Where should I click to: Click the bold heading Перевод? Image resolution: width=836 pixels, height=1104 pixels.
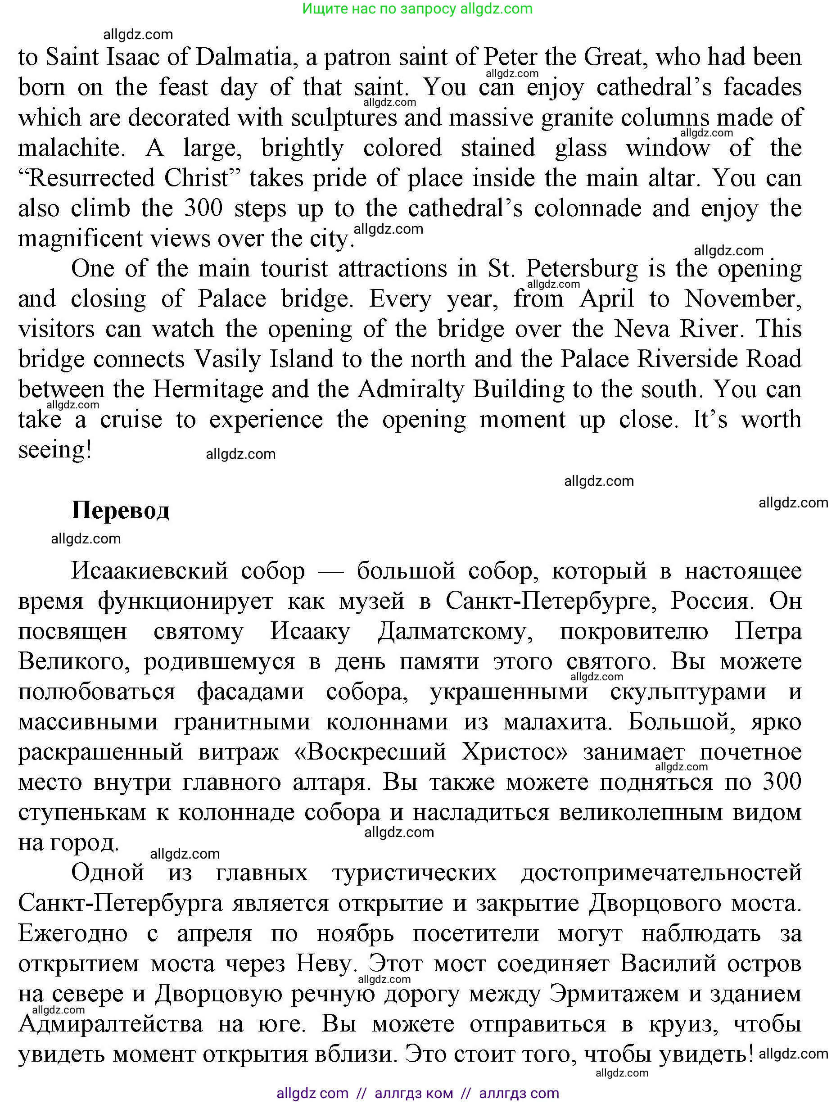[x=120, y=510]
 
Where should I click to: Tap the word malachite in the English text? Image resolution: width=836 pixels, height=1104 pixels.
[x=72, y=148]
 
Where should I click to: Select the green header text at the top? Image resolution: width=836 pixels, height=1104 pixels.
[x=417, y=9]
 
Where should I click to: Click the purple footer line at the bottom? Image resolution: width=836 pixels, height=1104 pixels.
[x=417, y=1093]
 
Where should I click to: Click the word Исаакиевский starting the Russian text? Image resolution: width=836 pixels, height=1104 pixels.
[x=149, y=571]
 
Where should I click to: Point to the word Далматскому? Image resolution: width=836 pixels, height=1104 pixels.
[x=455, y=631]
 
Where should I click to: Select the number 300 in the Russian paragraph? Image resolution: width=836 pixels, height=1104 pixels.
[x=782, y=782]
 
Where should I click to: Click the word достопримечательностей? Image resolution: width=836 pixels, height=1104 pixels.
[x=661, y=873]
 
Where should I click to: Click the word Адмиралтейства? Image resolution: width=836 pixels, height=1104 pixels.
[x=110, y=1024]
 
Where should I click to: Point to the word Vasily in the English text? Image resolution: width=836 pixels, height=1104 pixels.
[x=227, y=360]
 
